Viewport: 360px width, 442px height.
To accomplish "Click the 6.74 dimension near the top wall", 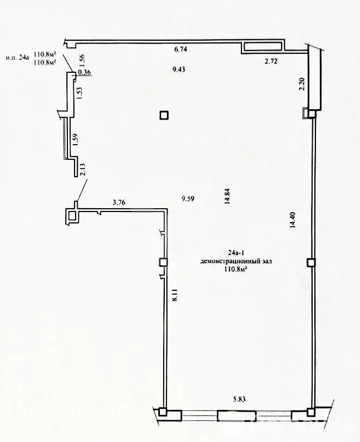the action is point(181,49).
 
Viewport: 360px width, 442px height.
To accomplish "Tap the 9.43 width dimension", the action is point(179,70).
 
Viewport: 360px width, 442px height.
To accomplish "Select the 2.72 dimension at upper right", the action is point(271,61).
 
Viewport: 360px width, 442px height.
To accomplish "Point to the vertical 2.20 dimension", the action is point(302,84).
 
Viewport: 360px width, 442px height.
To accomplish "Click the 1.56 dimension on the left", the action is point(82,60).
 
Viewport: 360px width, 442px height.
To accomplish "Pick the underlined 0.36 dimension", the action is point(84,72).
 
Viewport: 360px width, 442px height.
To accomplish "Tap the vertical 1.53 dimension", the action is point(79,93).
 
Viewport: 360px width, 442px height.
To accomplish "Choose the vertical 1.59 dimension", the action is point(75,139).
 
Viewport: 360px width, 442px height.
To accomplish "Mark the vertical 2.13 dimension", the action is point(82,170).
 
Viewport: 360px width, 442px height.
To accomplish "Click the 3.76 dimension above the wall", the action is point(119,202).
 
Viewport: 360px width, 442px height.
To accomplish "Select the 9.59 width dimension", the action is point(188,199).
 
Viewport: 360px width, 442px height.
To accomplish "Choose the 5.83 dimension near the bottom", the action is point(239,399).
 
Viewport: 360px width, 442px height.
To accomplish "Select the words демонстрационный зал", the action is point(236,262).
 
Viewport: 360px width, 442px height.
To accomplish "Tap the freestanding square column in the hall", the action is point(164,115).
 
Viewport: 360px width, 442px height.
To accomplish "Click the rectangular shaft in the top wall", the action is point(263,46).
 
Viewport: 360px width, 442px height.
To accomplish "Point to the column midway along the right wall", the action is point(311,263).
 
